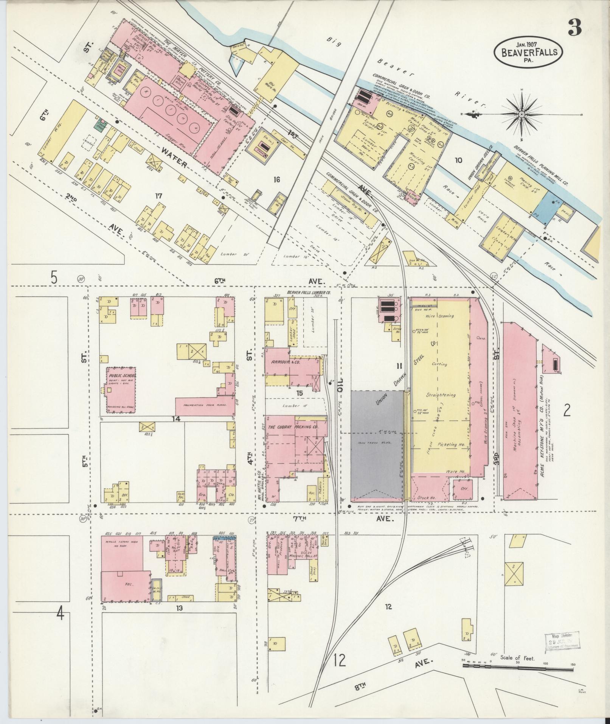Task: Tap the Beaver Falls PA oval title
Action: click(x=528, y=51)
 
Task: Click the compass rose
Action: click(x=522, y=114)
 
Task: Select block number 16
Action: click(x=277, y=180)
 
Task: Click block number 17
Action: click(x=158, y=196)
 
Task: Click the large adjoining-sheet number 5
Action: click(x=54, y=277)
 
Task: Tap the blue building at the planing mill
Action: click(x=541, y=210)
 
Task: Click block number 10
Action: click(x=458, y=160)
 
